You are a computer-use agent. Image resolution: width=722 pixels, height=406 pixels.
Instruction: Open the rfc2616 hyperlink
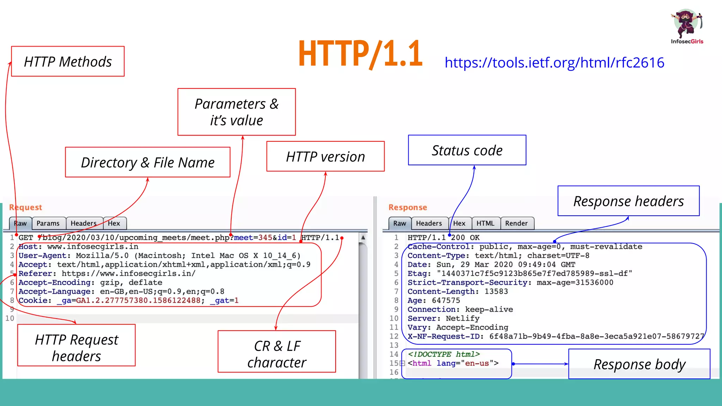pos(554,63)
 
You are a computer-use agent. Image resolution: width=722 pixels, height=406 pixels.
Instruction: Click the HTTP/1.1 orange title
pos(360,54)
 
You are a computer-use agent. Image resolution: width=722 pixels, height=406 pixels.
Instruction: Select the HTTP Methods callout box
pos(68,61)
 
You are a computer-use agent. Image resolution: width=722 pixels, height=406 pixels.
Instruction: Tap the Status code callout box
pos(467,150)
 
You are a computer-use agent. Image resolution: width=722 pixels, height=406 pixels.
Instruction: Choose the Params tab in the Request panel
pos(48,223)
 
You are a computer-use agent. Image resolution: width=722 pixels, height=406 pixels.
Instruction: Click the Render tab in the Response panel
pos(516,223)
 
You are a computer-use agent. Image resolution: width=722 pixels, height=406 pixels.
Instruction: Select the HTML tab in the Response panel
pos(485,223)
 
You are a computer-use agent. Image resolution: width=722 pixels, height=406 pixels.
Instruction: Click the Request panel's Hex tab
pos(114,223)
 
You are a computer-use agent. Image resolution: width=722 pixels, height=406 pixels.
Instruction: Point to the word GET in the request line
pos(26,238)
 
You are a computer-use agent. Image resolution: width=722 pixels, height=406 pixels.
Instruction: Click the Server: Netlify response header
pos(443,319)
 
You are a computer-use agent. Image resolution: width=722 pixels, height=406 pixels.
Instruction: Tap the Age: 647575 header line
pos(434,301)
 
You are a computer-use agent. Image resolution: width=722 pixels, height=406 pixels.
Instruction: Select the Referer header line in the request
pos(107,274)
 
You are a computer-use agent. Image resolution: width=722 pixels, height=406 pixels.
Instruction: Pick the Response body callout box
pos(639,364)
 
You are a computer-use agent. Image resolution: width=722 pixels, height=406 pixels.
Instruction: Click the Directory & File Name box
pos(148,162)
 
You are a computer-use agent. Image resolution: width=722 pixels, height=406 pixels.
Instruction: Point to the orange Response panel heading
pos(408,208)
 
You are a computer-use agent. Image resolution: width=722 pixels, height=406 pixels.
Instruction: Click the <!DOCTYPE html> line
pos(443,355)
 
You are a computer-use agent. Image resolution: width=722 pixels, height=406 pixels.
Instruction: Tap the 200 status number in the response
pos(458,238)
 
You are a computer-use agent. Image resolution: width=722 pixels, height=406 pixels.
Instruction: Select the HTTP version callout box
pos(325,156)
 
